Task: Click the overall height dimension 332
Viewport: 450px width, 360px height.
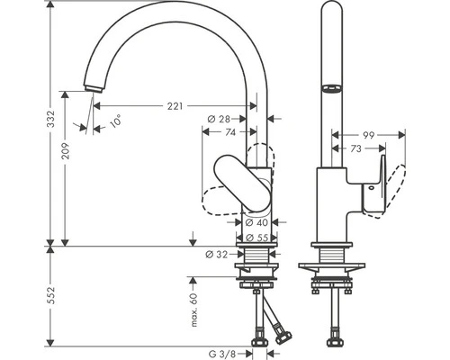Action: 51,117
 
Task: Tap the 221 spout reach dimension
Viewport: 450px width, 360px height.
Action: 175,105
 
